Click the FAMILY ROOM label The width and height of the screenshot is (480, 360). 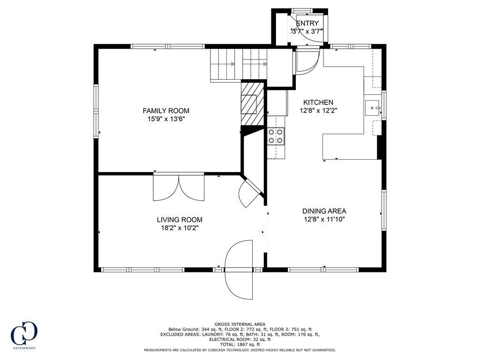click(166, 111)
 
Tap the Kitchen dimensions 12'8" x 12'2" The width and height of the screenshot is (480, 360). click(318, 111)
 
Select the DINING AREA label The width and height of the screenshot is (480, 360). click(324, 211)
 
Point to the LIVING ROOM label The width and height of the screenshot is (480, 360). click(180, 219)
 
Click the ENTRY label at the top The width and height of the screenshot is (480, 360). click(307, 23)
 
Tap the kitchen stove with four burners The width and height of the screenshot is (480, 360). click(275, 136)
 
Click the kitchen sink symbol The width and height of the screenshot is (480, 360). click(374, 108)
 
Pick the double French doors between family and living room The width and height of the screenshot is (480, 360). click(179, 187)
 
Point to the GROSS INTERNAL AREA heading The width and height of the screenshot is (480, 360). click(240, 324)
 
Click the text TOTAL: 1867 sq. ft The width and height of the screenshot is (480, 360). click(240, 345)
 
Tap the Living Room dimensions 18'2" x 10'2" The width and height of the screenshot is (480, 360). click(180, 228)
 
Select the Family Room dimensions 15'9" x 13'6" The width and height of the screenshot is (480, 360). click(166, 119)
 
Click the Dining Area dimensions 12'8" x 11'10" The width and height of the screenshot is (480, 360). click(324, 219)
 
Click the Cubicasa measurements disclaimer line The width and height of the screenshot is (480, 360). click(240, 350)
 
